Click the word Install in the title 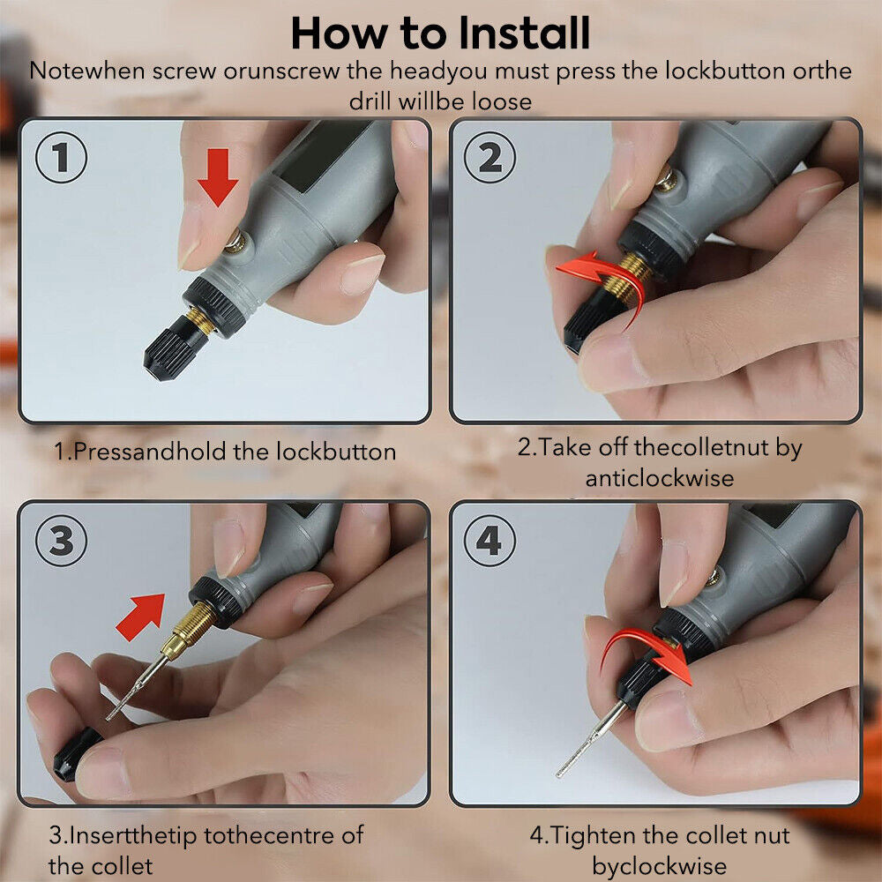pyautogui.click(x=524, y=34)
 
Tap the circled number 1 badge pyautogui.click(x=62, y=157)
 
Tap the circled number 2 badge pyautogui.click(x=490, y=157)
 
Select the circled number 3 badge pyautogui.click(x=62, y=541)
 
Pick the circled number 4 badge pyautogui.click(x=490, y=541)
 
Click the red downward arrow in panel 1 pyautogui.click(x=218, y=177)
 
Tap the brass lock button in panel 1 pyautogui.click(x=235, y=242)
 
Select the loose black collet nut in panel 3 pyautogui.click(x=76, y=754)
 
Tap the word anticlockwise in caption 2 pyautogui.click(x=659, y=478)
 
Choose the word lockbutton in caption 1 pyautogui.click(x=336, y=452)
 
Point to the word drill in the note pyautogui.click(x=370, y=101)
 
